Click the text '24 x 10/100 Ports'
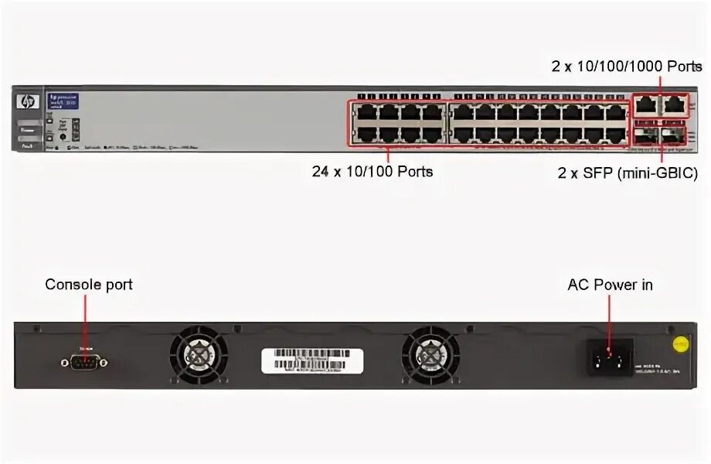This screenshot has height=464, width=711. click(373, 171)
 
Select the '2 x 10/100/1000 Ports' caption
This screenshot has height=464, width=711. click(626, 67)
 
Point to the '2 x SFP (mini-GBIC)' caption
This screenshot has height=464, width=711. click(628, 174)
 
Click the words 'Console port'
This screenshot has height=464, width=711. click(89, 285)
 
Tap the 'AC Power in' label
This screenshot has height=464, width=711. click(610, 285)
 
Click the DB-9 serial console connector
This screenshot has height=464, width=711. click(83, 362)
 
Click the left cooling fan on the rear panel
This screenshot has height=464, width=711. click(199, 355)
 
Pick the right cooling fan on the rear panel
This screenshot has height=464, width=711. click(430, 355)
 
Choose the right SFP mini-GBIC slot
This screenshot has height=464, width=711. click(675, 135)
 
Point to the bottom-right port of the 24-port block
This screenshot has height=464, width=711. click(616, 135)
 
